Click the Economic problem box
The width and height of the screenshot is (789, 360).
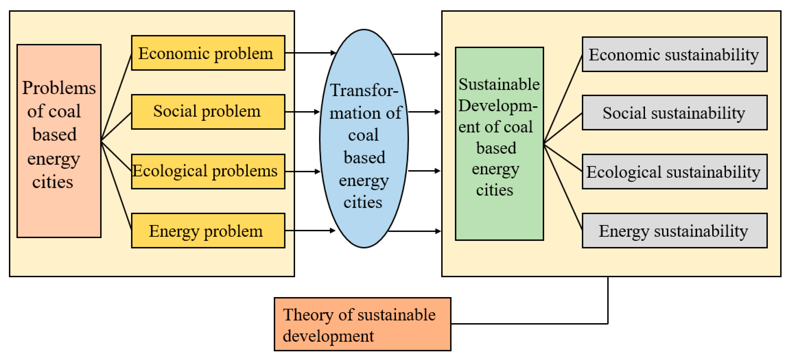(x=208, y=53)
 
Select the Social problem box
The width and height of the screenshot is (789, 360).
(x=208, y=112)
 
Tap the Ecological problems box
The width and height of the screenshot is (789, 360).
(x=208, y=171)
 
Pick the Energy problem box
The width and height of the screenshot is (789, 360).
(x=208, y=231)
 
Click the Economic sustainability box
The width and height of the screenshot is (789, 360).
(x=674, y=54)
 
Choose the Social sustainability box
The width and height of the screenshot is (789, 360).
(x=674, y=113)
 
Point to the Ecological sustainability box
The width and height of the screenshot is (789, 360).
(x=674, y=172)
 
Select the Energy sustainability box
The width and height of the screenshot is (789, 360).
(x=674, y=231)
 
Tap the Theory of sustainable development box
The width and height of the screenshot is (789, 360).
(x=362, y=324)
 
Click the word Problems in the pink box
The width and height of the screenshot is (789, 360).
(x=59, y=88)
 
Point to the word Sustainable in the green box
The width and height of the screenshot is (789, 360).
(x=499, y=84)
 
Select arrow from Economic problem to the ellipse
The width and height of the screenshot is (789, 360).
(x=310, y=53)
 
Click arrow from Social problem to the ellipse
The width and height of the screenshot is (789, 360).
(x=302, y=112)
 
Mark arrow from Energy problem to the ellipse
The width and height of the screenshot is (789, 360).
(x=309, y=230)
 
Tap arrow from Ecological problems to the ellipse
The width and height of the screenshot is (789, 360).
(x=302, y=171)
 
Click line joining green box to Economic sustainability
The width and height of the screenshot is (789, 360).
(x=563, y=99)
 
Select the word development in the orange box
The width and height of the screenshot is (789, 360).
(x=328, y=336)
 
